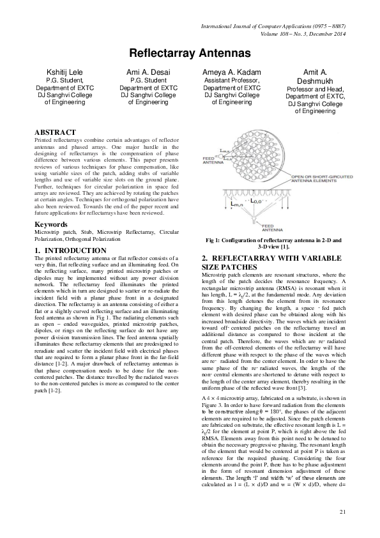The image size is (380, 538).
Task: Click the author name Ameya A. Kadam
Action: (x=232, y=72)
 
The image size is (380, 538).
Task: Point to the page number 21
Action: (x=342, y=511)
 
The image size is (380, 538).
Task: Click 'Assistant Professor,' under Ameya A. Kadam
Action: (x=232, y=81)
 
